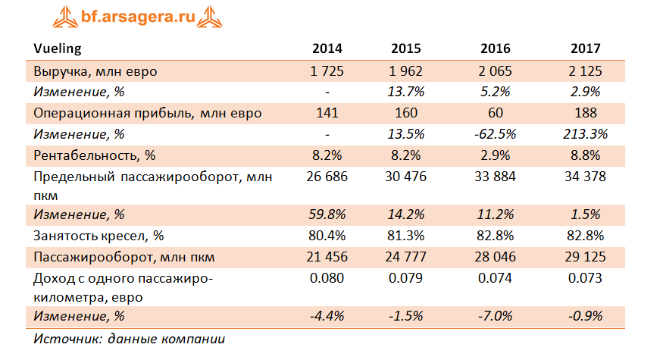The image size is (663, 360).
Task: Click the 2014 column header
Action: coord(327,49)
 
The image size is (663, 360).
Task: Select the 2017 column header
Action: coord(585,49)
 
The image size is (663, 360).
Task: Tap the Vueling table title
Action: coord(58,49)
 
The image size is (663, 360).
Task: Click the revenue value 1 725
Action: coord(327,71)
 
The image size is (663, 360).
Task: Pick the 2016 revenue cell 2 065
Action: coord(495,71)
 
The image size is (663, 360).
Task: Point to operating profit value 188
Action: coord(585,113)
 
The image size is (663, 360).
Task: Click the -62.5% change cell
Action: coord(495,134)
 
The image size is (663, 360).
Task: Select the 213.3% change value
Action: coord(585,134)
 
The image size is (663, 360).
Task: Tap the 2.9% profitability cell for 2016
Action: coord(495,155)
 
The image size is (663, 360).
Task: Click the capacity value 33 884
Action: coord(495,177)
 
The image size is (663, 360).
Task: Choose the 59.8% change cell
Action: coord(327,214)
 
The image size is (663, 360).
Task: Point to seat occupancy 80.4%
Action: coord(327,236)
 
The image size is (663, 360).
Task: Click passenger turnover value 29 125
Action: coord(585,257)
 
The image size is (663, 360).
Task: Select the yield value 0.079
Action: coord(405,278)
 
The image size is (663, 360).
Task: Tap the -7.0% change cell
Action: coord(495,316)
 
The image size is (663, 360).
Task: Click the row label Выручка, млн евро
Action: coord(95,71)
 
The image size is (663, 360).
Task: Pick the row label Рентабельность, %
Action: coord(95,155)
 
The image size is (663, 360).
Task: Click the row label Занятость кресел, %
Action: coord(99,236)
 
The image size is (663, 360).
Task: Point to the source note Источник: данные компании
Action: coord(130,339)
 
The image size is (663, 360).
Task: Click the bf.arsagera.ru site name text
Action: coord(138,17)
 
